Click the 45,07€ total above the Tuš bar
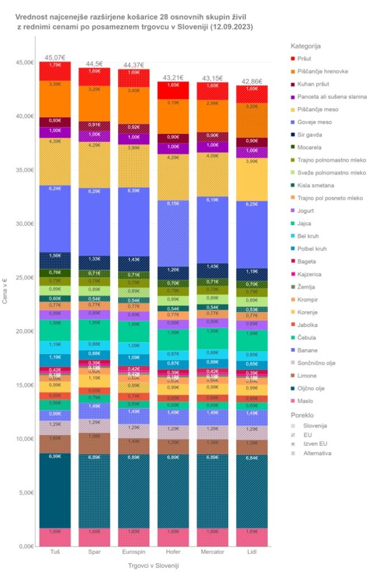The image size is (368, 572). point(55,57)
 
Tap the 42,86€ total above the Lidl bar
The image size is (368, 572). point(252,81)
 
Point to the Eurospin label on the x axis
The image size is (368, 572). point(134,552)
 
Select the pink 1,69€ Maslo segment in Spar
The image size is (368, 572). point(94,537)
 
